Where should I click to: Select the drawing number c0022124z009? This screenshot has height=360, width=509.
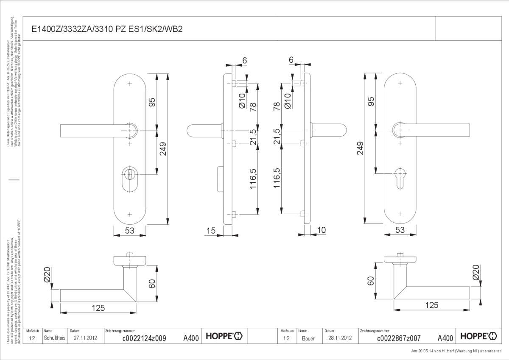[144, 338]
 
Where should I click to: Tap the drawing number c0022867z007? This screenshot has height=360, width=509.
[398, 338]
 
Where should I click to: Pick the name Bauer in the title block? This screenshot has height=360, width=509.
[308, 338]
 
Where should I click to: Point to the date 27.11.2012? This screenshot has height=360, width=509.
[86, 338]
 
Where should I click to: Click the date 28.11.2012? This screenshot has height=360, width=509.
[340, 338]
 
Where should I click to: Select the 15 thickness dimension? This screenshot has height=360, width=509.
[210, 230]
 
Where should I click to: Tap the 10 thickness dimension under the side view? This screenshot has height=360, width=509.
[321, 230]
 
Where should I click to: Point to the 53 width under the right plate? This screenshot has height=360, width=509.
[400, 230]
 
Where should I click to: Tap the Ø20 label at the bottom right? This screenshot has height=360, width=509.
[475, 272]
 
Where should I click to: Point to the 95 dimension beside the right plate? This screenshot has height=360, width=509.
[371, 102]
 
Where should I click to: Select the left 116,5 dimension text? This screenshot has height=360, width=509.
[253, 178]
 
